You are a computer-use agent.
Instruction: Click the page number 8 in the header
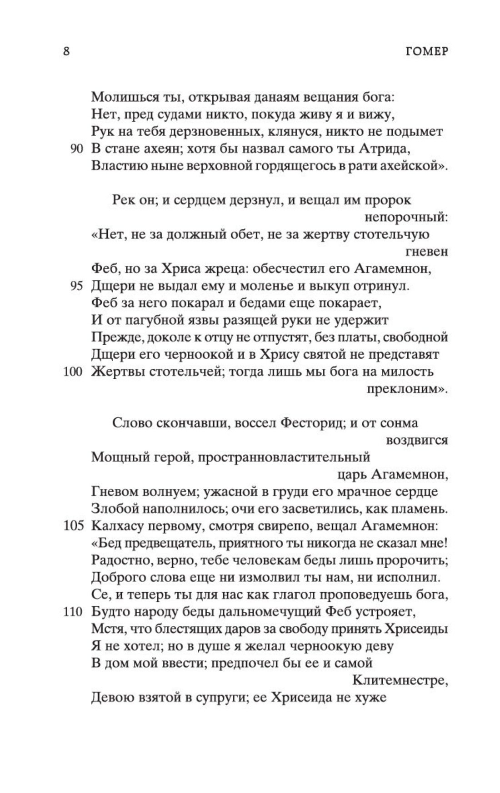(x=66, y=51)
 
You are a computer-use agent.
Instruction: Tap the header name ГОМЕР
(x=425, y=51)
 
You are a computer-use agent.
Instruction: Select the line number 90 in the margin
(x=76, y=149)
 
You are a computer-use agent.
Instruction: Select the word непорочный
(x=406, y=218)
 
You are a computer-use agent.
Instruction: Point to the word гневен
(x=426, y=252)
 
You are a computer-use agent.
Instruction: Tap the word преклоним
(x=406, y=389)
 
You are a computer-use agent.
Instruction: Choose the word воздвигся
(x=416, y=440)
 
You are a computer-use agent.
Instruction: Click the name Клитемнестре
(x=400, y=680)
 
